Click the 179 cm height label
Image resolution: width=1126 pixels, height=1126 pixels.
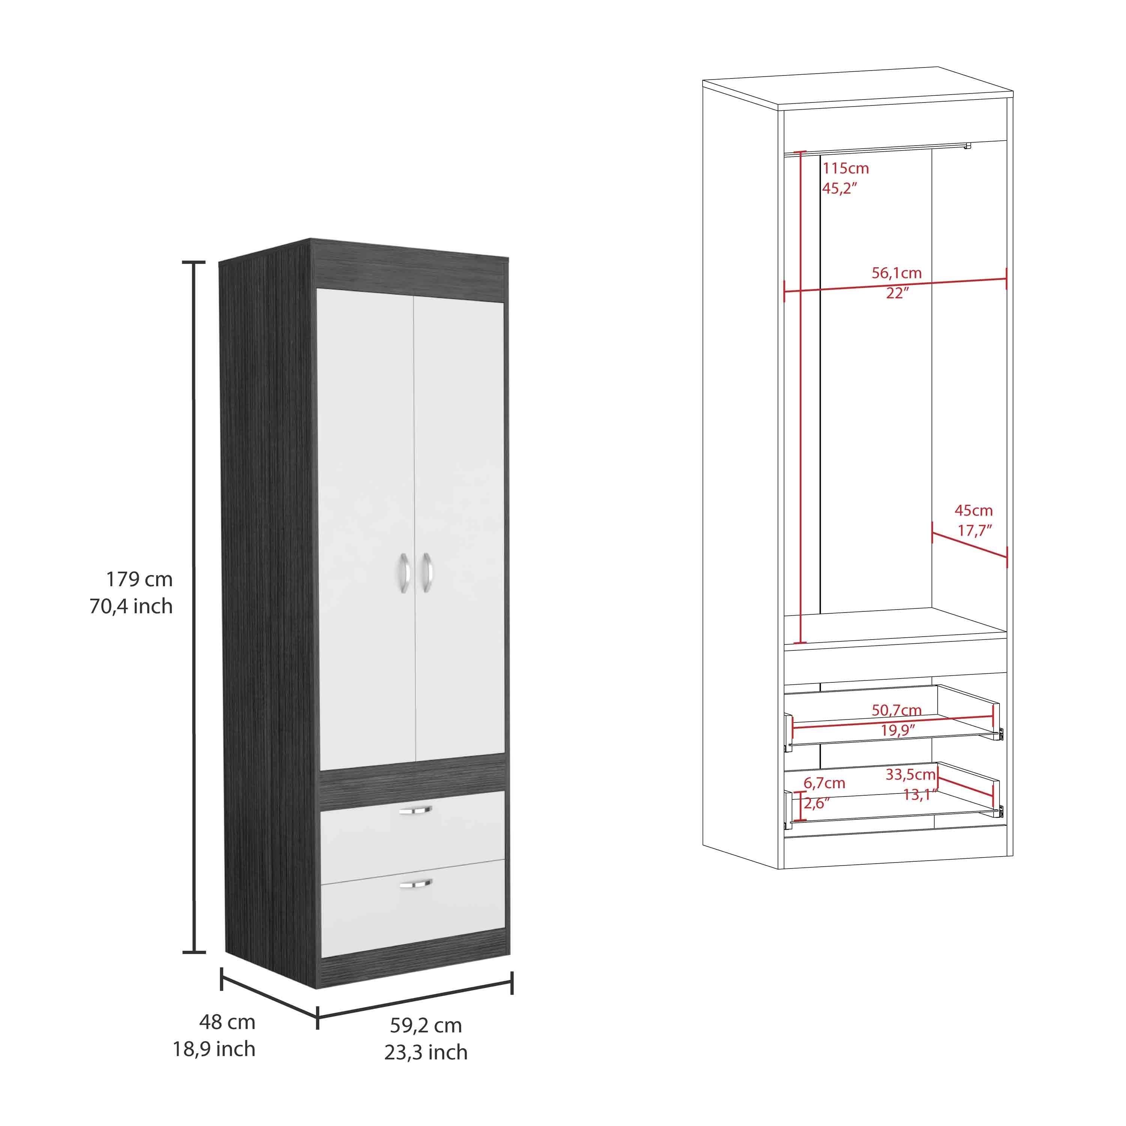(x=139, y=579)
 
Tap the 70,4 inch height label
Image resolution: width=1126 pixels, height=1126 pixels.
(x=131, y=606)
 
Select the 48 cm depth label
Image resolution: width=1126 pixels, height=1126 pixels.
(x=227, y=1022)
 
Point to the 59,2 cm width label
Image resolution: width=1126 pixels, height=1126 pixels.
(x=426, y=1025)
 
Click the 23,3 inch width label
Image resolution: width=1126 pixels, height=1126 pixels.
(x=426, y=1052)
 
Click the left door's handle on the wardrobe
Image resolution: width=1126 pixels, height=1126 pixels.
(x=403, y=574)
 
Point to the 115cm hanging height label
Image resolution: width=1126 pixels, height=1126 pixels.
(x=846, y=169)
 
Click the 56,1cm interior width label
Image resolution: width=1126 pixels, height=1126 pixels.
(x=896, y=273)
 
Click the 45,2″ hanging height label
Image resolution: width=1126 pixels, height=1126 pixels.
(x=840, y=188)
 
